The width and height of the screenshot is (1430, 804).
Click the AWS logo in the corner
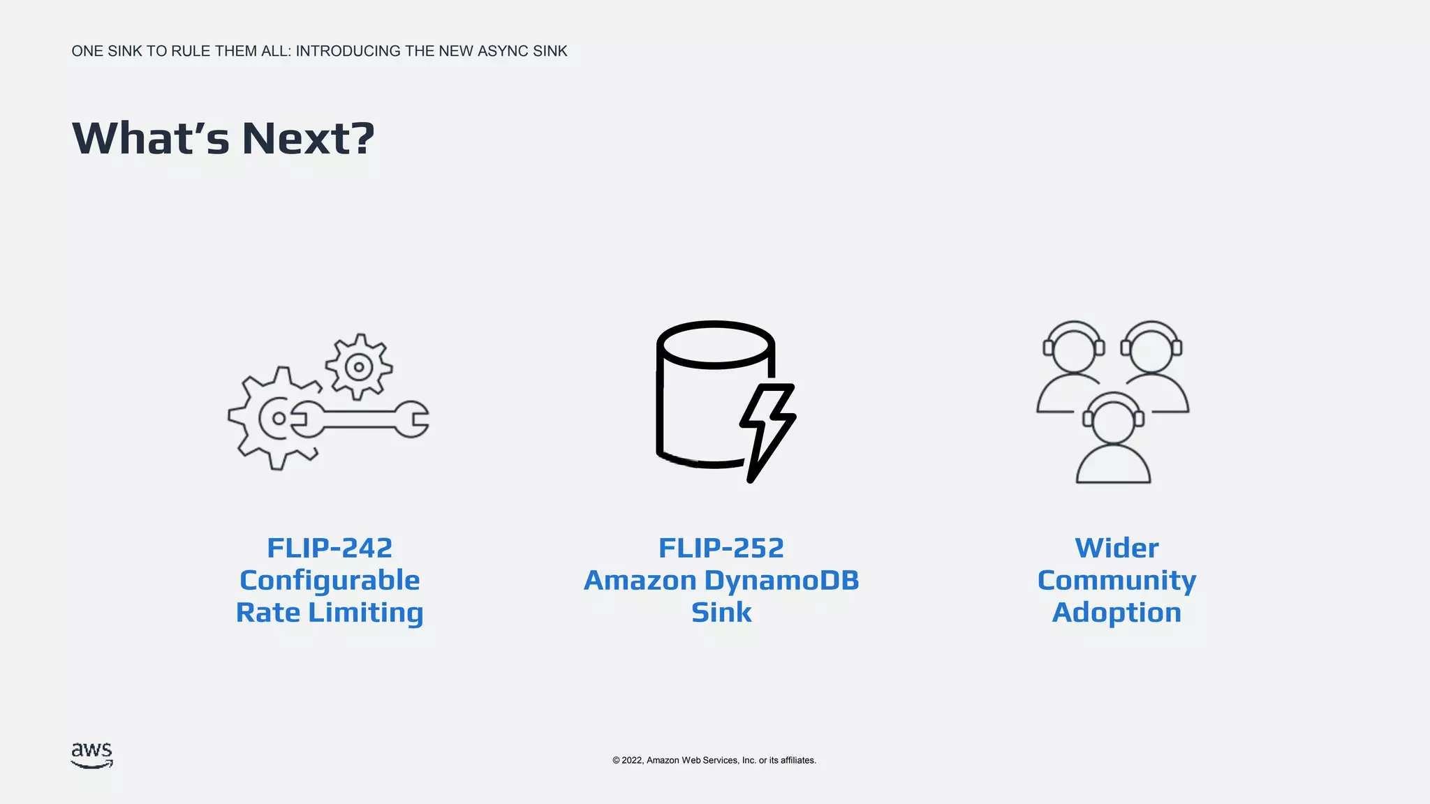(x=91, y=755)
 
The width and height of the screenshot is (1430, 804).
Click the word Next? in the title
(x=308, y=138)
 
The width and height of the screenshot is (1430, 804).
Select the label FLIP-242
(x=330, y=548)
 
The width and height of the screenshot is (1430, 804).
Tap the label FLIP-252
(x=721, y=548)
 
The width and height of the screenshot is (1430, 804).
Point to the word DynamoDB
(x=781, y=581)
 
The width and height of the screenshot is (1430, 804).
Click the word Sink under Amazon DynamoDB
(x=721, y=613)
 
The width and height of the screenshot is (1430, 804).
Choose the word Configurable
(x=330, y=581)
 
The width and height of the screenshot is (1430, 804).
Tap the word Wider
(x=1116, y=548)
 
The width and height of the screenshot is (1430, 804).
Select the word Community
(x=1116, y=581)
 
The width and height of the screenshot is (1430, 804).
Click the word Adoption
(x=1116, y=613)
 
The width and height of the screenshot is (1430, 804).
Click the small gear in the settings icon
(x=359, y=366)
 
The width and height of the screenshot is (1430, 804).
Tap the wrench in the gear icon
(x=363, y=419)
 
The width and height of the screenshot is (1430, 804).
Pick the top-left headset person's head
(x=1074, y=347)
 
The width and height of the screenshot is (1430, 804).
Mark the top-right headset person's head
(x=1151, y=347)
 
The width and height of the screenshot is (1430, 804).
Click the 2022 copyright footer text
(x=714, y=760)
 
